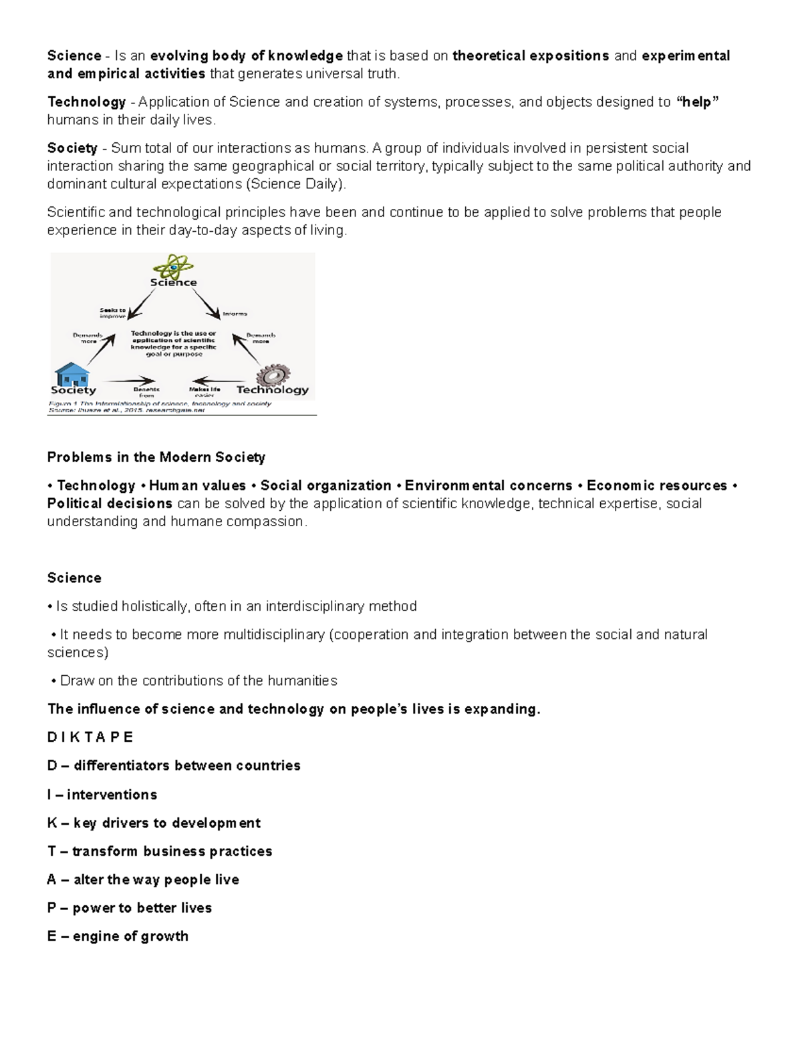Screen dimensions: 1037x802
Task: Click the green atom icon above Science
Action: (x=174, y=266)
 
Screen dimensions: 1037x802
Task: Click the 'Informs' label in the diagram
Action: (x=235, y=313)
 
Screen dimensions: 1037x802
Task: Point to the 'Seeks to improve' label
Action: (x=112, y=313)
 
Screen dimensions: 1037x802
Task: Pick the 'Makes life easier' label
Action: (x=204, y=392)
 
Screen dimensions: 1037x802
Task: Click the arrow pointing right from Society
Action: (x=131, y=381)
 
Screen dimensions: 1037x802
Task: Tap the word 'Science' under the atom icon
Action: (x=173, y=282)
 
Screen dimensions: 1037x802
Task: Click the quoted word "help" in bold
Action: (x=698, y=102)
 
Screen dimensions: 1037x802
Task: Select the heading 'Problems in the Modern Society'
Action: (x=156, y=457)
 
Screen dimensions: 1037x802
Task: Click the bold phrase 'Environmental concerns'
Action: (x=488, y=485)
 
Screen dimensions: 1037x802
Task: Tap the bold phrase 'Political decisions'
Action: (x=110, y=503)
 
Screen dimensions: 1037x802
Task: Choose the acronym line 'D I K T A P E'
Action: (x=90, y=737)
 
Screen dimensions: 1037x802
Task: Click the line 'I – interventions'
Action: (x=102, y=795)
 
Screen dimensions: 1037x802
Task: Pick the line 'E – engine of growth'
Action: (x=118, y=936)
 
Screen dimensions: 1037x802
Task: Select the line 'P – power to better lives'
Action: (x=129, y=907)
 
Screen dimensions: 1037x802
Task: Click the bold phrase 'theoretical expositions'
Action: (x=530, y=56)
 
